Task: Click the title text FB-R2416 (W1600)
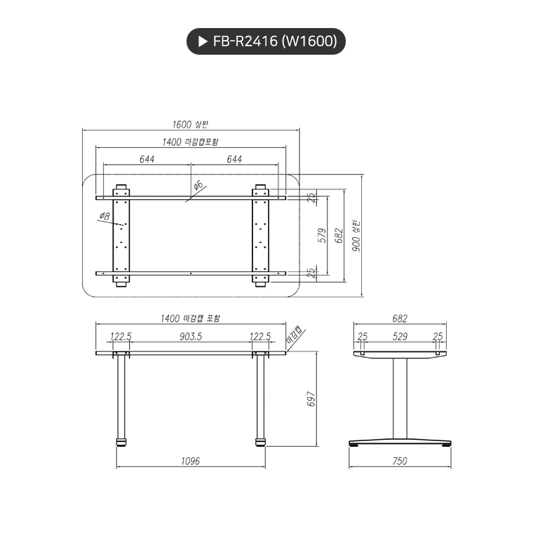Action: [x=275, y=41]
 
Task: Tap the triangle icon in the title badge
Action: [x=201, y=41]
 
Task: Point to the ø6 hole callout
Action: [x=198, y=185]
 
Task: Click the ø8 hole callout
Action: [x=104, y=216]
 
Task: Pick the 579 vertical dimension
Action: [x=323, y=234]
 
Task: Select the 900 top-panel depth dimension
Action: [x=356, y=237]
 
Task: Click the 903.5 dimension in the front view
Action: [x=190, y=337]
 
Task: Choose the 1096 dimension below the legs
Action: [x=190, y=461]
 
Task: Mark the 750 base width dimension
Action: [x=400, y=461]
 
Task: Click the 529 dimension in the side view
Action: [x=400, y=337]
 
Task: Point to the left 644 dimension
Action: [x=147, y=159]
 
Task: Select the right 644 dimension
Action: [x=234, y=159]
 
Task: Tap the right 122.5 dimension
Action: [x=260, y=337]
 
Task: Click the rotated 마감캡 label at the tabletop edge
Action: [x=294, y=337]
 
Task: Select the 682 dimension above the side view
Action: [x=399, y=318]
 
